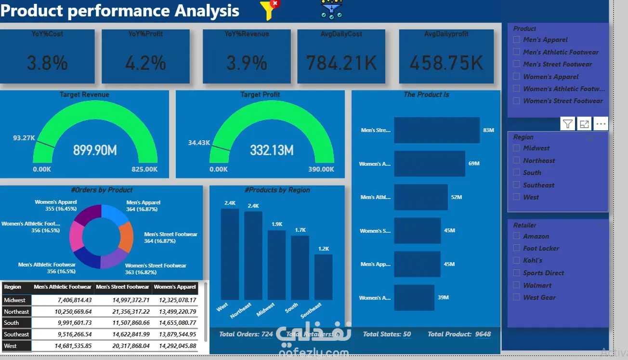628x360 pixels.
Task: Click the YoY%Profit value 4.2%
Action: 145,63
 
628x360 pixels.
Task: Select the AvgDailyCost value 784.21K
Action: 341,63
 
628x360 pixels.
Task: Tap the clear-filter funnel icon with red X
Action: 269,10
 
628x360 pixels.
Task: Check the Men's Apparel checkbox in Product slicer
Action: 517,40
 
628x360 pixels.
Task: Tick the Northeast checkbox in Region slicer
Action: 517,160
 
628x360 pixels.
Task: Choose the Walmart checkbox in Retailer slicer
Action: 517,285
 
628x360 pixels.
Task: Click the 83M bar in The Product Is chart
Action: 437,130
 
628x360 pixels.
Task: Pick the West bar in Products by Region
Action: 230,254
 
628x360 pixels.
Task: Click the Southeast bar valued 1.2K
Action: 324,277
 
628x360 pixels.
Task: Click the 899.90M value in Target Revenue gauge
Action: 95,150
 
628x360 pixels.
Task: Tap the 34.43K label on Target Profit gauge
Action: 199,143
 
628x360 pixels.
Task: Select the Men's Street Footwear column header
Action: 123,287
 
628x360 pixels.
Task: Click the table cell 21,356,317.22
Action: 123,311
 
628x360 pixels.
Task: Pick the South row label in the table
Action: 12,323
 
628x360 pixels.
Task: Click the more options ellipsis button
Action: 601,124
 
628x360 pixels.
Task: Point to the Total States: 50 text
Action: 387,334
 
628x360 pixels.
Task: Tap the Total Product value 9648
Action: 483,334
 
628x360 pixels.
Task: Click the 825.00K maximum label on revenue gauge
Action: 145,169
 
